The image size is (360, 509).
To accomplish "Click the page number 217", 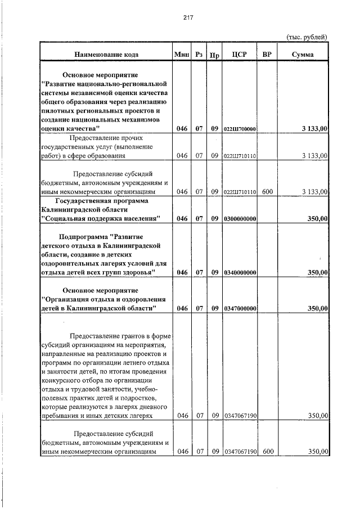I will click(188, 17).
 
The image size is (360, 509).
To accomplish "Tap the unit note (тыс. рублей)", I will click(307, 37).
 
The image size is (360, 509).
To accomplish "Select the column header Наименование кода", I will click(106, 55).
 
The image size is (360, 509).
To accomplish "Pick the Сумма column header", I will click(303, 55).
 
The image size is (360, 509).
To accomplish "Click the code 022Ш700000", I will click(240, 129).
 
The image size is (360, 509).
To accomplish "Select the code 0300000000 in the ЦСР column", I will click(240, 218).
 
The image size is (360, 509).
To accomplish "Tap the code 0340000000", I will click(240, 273).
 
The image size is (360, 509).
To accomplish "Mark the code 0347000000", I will click(240, 309).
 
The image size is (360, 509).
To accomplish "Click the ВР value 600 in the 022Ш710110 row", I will click(267, 192).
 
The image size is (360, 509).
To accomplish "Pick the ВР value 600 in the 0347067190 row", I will click(267, 452).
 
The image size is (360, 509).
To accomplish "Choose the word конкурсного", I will click(64, 380).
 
